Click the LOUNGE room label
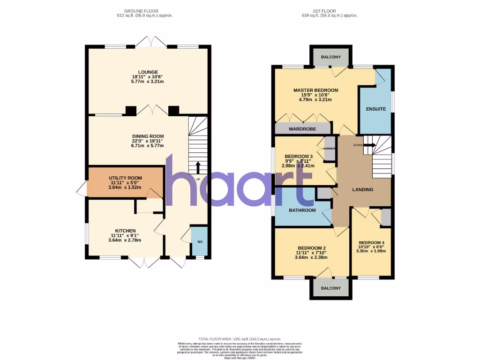(148, 72)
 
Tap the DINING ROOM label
(148, 136)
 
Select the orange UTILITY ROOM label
(125, 178)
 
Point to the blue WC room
(200, 241)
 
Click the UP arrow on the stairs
(197, 167)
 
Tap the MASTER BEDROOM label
(315, 90)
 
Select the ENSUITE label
(376, 109)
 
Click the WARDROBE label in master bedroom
(302, 129)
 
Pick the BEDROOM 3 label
(299, 157)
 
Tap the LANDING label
(363, 190)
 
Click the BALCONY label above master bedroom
(330, 57)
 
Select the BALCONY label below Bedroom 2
(330, 288)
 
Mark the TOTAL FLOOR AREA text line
(240, 338)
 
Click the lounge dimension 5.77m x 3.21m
(148, 82)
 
